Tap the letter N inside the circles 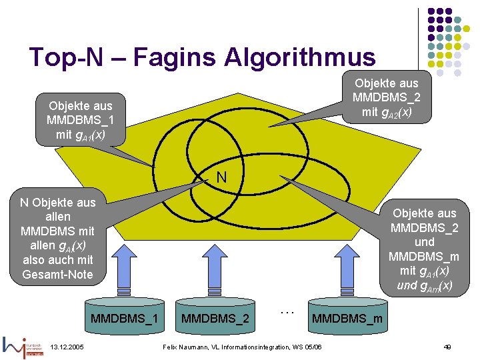(221, 177)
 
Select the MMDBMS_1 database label (124, 319)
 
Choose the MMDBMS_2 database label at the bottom (215, 319)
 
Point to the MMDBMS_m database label (347, 319)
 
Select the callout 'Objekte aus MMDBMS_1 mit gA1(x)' (80, 120)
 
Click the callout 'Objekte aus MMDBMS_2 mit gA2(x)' (387, 97)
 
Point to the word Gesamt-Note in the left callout (58, 274)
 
